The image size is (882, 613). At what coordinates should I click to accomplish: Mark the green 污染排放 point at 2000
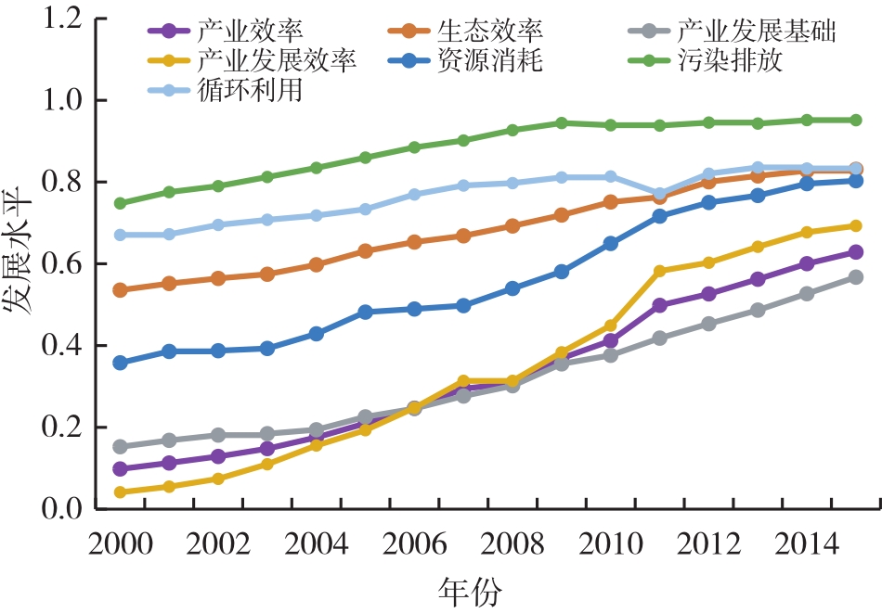120,203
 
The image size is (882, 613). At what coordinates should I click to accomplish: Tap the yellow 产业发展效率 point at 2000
120,492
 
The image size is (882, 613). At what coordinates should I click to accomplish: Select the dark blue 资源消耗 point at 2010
611,244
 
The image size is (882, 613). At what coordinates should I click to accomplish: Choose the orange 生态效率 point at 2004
317,264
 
